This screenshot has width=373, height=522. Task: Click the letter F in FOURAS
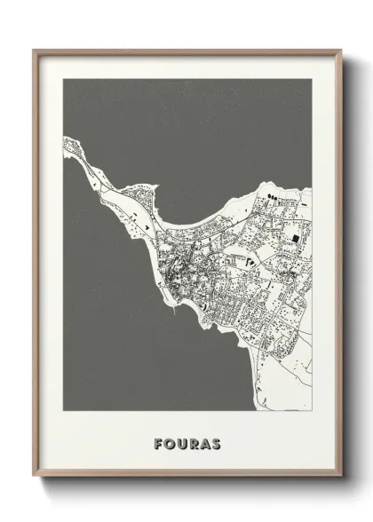click(156, 443)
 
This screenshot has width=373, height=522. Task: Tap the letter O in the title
click(168, 443)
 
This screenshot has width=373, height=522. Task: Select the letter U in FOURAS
click(180, 443)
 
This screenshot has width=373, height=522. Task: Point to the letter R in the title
click(193, 443)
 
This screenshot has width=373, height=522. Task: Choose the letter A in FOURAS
click(205, 443)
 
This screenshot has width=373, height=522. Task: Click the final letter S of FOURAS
click(217, 443)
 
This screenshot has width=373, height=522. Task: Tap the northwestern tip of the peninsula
click(66, 139)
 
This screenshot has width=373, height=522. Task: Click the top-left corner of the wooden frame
click(34, 50)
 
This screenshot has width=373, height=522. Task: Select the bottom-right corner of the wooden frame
click(342, 476)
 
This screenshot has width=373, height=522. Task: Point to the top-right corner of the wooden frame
click(342, 50)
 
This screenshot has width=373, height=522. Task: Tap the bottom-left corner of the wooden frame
click(34, 476)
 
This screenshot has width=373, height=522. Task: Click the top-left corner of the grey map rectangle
click(63, 79)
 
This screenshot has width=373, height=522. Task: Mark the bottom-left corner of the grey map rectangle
click(63, 411)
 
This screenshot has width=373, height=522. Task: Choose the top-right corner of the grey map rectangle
click(312, 79)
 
